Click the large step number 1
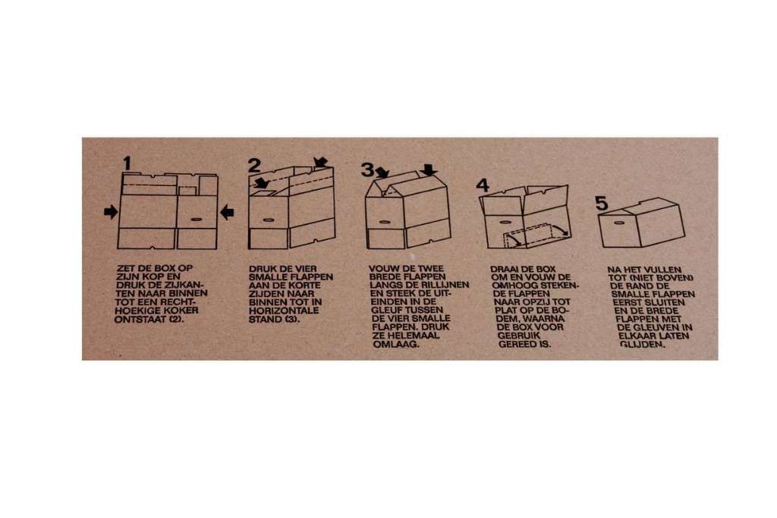(127, 163)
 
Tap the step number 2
(254, 166)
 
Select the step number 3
(367, 169)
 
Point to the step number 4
(483, 185)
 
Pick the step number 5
(601, 203)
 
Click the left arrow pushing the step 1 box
(111, 213)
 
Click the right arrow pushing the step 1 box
(227, 213)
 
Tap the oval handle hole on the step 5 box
(618, 223)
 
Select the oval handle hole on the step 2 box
(269, 220)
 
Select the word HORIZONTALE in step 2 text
(284, 311)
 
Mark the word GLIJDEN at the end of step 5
(641, 344)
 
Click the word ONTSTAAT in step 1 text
(138, 319)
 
